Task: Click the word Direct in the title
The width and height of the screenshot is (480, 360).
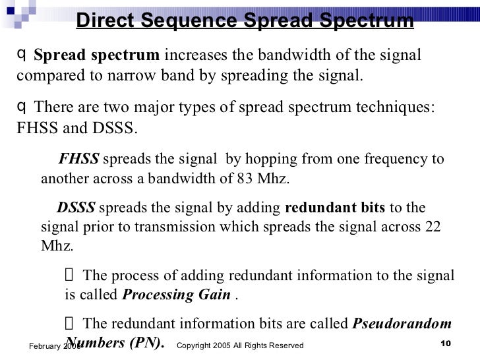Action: click(108, 21)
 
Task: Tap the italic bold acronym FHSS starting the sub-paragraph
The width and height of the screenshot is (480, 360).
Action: click(78, 160)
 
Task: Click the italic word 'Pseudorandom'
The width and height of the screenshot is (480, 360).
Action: click(403, 324)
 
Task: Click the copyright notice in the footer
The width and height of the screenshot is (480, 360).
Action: click(241, 345)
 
